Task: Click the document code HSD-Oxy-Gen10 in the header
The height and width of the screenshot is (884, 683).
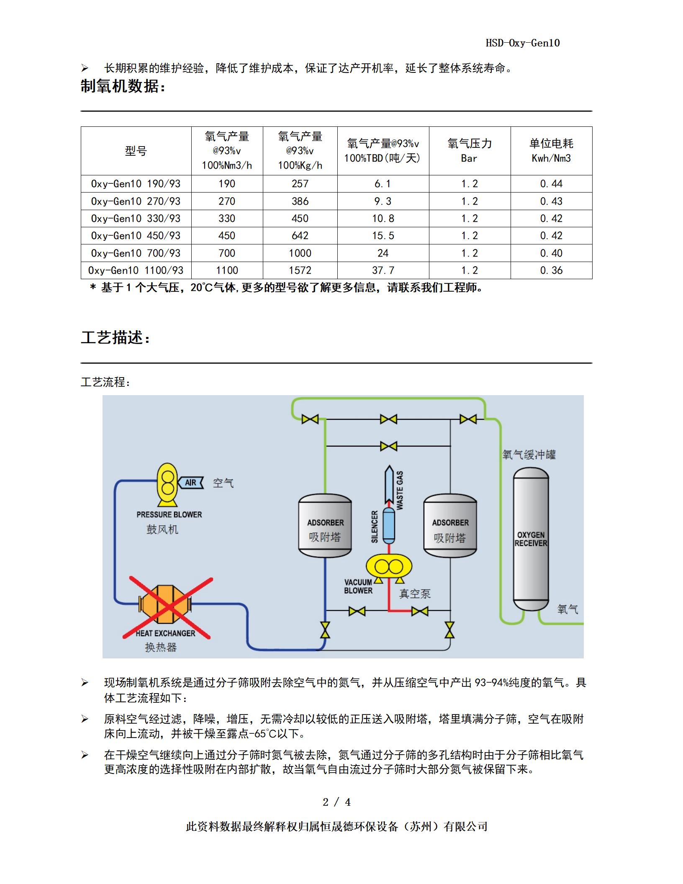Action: [x=522, y=43]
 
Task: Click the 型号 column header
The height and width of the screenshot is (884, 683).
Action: [x=136, y=151]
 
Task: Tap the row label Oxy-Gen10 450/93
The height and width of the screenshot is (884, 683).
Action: [x=136, y=236]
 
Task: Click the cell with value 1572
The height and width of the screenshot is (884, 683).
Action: [x=300, y=270]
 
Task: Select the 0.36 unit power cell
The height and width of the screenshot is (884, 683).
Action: [x=551, y=270]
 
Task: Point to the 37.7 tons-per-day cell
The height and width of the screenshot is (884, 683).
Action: [x=383, y=270]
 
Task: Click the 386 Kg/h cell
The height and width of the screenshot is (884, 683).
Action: [x=300, y=201]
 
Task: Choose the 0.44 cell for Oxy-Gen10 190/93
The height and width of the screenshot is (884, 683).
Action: [x=551, y=184]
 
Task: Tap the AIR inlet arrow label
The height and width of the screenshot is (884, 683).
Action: [x=191, y=483]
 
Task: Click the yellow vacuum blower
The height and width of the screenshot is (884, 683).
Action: [x=389, y=567]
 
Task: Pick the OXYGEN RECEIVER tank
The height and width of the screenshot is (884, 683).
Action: [x=531, y=539]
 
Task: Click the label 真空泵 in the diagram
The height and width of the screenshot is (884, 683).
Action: [x=415, y=594]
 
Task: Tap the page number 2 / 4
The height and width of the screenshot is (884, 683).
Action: [x=337, y=802]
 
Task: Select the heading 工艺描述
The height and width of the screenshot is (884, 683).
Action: [x=115, y=337]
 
